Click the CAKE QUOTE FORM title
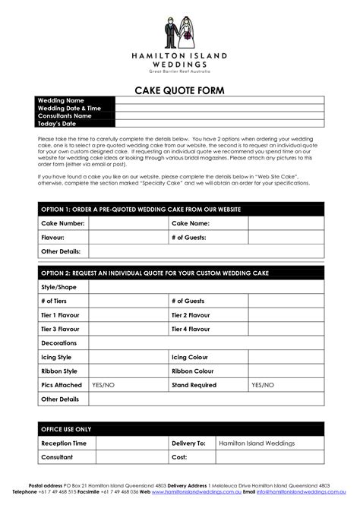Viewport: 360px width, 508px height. click(180, 90)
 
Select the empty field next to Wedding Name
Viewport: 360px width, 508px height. click(219, 100)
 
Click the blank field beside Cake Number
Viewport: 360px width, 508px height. click(128, 223)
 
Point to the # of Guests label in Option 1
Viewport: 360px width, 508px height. click(189, 237)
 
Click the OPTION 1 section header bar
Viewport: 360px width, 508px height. click(180, 209)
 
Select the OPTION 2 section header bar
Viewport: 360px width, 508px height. click(180, 273)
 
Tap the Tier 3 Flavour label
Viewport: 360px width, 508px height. click(60, 329)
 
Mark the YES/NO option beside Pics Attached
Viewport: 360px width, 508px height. click(103, 385)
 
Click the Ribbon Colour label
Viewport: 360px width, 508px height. click(197, 371)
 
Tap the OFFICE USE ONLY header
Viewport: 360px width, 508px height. click(66, 429)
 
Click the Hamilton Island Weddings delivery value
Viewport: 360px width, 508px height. click(254, 443)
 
